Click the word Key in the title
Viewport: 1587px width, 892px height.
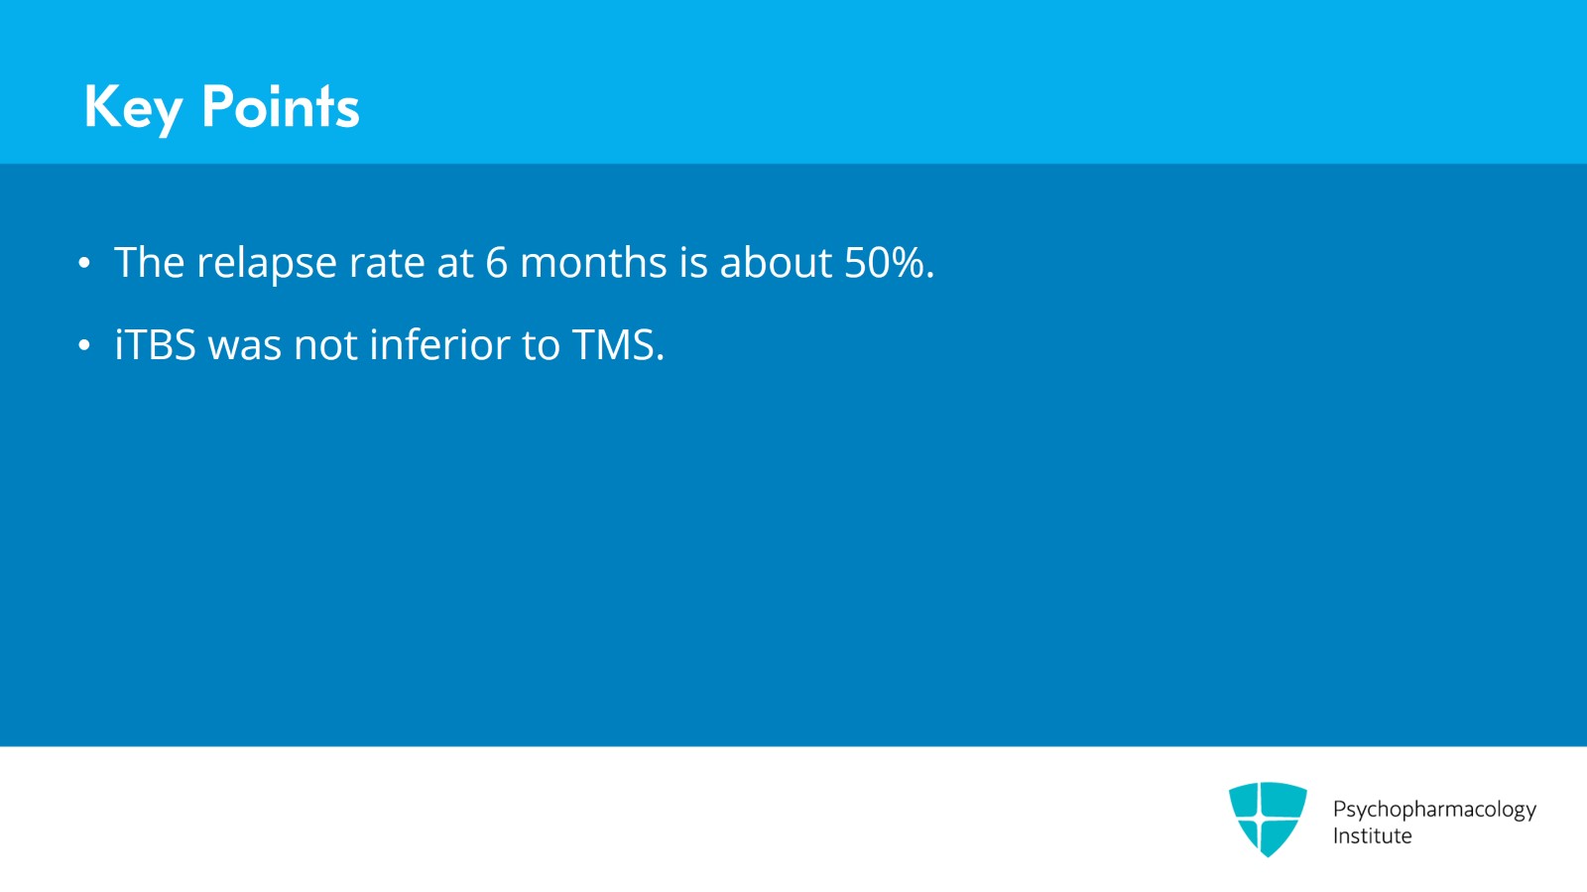click(133, 107)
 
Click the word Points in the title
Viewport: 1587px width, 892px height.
click(280, 106)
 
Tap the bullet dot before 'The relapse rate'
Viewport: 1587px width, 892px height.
click(84, 263)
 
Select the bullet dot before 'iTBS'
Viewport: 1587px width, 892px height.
click(84, 345)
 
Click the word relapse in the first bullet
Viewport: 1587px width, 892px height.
click(267, 264)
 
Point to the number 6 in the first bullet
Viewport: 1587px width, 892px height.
click(496, 263)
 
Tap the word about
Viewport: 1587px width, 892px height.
click(776, 263)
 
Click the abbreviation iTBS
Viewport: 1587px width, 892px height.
click(155, 345)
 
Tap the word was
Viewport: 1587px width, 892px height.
click(244, 345)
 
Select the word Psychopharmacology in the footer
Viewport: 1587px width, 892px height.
click(1434, 810)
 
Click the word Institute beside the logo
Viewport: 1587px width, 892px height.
click(1372, 836)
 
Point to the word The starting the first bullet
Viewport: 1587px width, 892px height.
click(150, 263)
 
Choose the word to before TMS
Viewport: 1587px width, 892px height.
click(541, 345)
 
